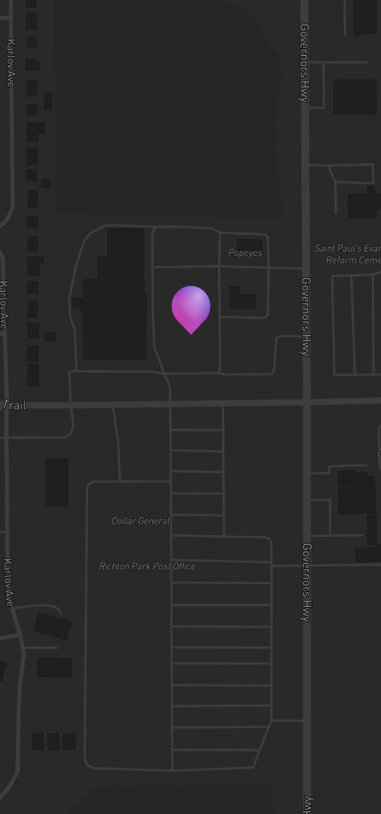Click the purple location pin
click(x=191, y=307)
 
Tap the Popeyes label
click(x=245, y=253)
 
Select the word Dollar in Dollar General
click(x=124, y=521)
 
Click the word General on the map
click(x=153, y=521)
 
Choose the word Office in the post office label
click(x=184, y=566)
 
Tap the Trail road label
click(x=15, y=405)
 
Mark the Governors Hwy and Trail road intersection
click(x=306, y=402)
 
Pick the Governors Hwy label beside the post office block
click(x=306, y=583)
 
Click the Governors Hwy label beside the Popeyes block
click(x=305, y=316)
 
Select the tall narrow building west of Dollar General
click(x=57, y=482)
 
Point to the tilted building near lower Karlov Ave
click(x=52, y=626)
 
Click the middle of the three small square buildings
click(x=53, y=741)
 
